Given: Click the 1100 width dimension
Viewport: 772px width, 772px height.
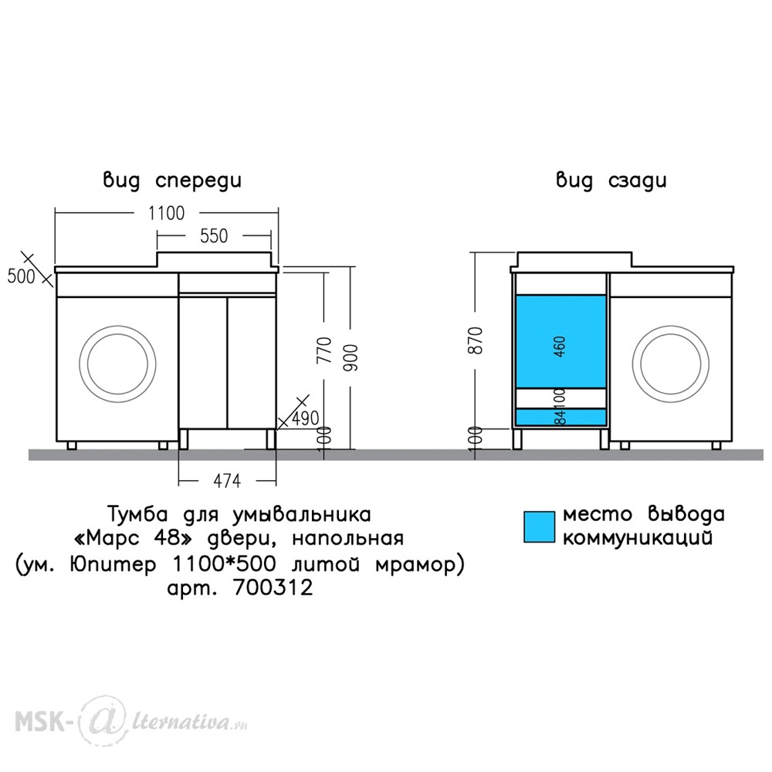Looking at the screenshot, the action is click(167, 213).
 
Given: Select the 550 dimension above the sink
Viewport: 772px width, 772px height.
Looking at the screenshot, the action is click(214, 235).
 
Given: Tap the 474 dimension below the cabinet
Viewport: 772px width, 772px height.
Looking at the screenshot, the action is click(227, 480).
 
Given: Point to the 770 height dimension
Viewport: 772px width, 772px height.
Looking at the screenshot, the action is click(325, 350).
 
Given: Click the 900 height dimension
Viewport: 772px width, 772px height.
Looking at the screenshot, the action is click(352, 358).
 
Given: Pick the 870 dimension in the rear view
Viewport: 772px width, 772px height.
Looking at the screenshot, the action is click(476, 340).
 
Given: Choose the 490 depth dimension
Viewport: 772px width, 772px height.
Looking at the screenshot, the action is click(305, 418).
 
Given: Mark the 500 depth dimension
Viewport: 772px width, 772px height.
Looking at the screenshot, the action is click(21, 276).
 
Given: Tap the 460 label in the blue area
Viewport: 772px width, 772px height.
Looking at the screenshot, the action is click(560, 347).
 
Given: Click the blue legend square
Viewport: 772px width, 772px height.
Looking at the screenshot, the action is click(539, 527).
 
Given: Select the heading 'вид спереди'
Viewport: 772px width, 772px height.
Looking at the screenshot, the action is click(172, 180).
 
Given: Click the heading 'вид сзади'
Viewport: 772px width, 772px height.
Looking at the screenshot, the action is click(611, 180).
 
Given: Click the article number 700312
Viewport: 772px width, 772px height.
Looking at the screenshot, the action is click(273, 587).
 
